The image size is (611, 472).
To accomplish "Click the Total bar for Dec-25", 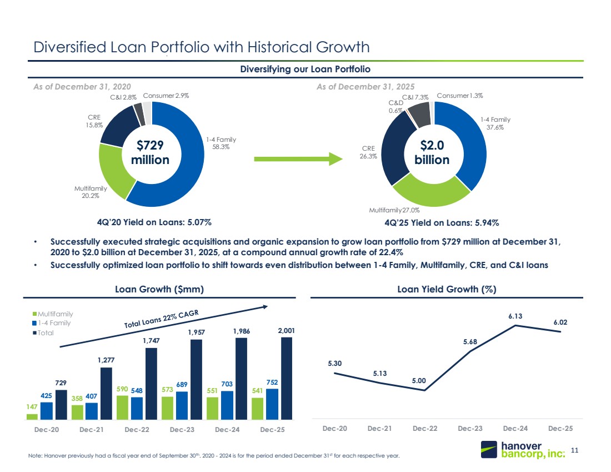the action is tap(287, 379).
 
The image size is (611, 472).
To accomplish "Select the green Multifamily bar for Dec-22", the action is tap(122, 408).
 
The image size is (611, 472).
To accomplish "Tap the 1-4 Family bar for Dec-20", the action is tap(46, 411).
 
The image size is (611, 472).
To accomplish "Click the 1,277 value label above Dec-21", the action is tap(106, 360).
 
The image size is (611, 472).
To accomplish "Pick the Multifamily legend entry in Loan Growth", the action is tap(53, 314).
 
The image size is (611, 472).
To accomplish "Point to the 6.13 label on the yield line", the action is tap(515, 316).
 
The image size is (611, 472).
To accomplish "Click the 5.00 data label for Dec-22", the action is tap(419, 381).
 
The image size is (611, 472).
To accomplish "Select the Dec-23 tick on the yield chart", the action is tap(470, 428).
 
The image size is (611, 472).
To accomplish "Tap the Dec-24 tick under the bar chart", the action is tap(227, 430).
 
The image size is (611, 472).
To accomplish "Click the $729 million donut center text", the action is tap(150, 152).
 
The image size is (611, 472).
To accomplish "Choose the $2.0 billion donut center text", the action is tap(432, 152).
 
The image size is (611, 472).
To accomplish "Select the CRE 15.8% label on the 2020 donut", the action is tap(94, 121).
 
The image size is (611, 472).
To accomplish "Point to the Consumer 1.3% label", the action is tap(460, 96).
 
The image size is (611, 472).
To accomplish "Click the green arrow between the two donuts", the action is tap(298, 159).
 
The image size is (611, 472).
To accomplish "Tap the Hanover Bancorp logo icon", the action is tap(489, 449).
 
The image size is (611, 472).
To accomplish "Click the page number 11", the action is tap(574, 450).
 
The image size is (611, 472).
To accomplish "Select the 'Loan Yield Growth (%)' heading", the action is tap(447, 289).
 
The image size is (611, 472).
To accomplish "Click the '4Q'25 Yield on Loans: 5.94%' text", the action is tap(442, 223).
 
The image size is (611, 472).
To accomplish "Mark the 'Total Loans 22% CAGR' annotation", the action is tap(161, 319).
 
